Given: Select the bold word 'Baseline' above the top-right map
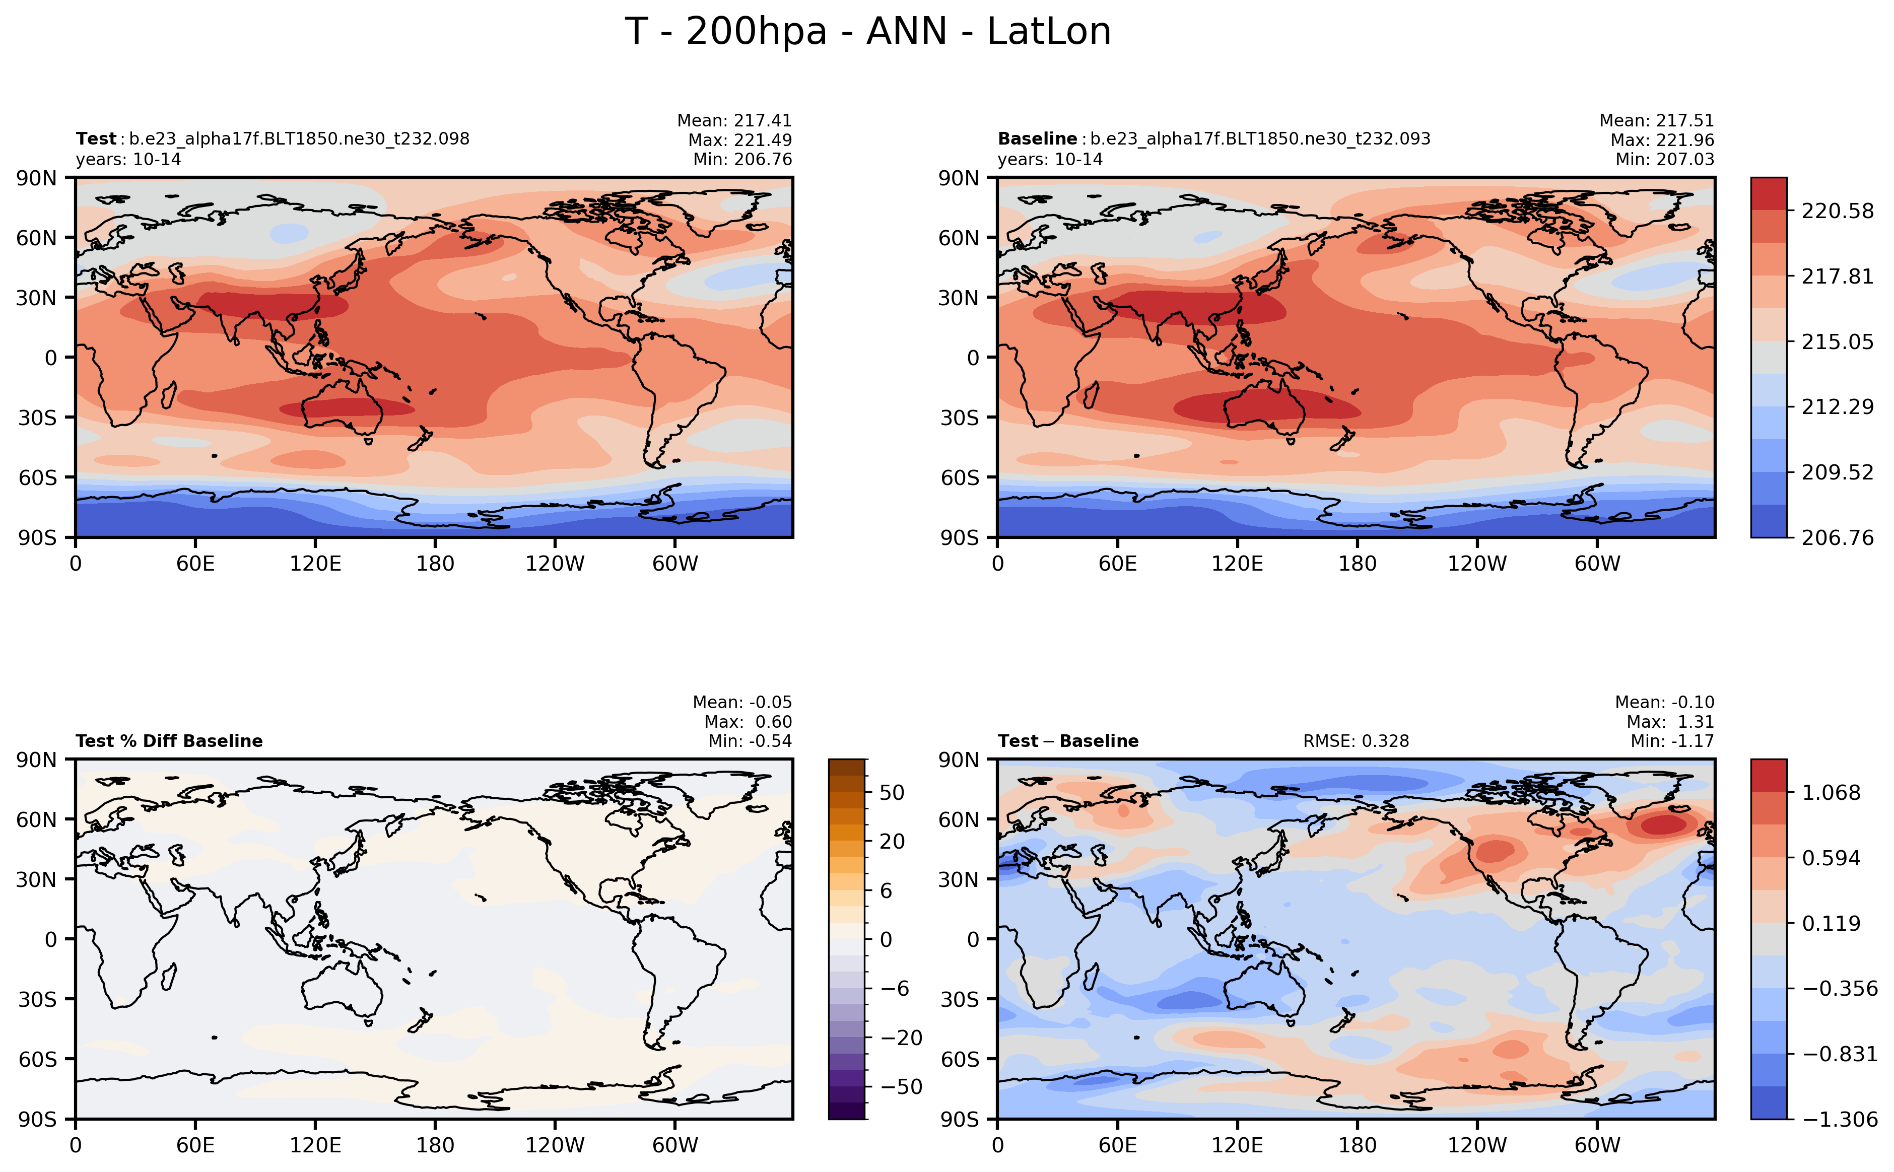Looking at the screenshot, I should (1037, 139).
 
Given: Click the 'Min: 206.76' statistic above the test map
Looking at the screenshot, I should (742, 160).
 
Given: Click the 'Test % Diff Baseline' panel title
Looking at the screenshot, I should (169, 741).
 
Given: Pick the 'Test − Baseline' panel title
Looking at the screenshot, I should (1067, 741).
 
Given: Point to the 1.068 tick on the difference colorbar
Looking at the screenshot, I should (1831, 792).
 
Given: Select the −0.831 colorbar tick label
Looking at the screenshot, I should (1839, 1054).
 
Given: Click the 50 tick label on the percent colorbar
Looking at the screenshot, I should (892, 792).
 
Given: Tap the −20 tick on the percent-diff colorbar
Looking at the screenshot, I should (901, 1037).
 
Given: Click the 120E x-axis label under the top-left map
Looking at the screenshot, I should (315, 564).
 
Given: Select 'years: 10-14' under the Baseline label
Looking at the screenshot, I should (1050, 160).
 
